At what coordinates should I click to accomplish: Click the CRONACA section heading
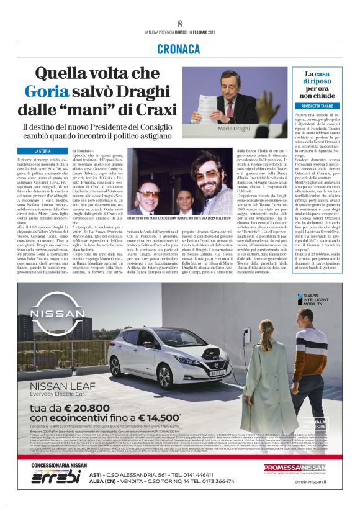[x=179, y=48]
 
